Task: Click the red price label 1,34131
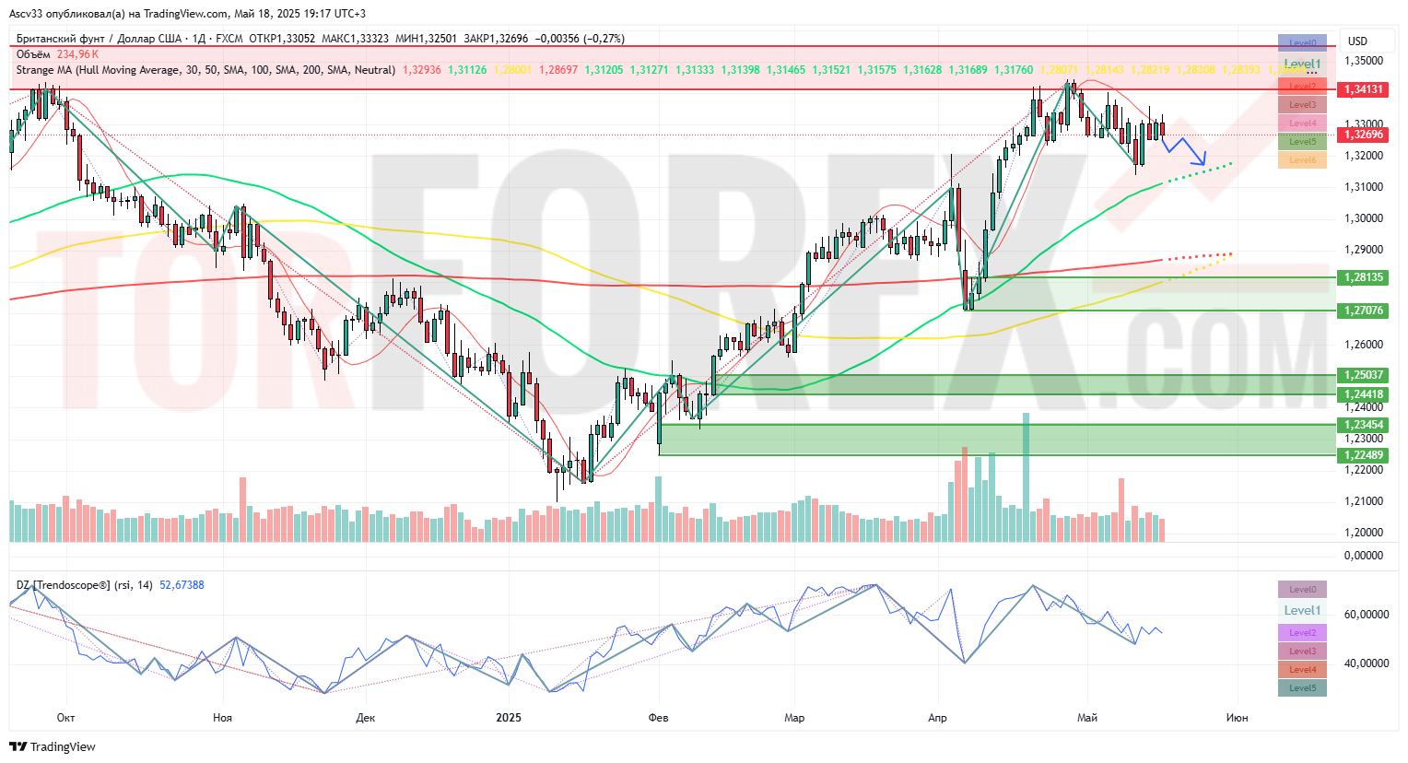point(1364,89)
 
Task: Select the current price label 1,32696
point(1364,135)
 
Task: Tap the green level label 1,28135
point(1364,277)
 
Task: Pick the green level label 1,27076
point(1364,311)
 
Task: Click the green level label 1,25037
point(1364,375)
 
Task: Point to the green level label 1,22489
point(1364,455)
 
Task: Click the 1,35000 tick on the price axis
point(1364,61)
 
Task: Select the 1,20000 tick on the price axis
point(1364,533)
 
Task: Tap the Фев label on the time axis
point(658,718)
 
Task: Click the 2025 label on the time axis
point(509,718)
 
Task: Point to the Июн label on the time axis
point(1238,718)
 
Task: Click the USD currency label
point(1357,41)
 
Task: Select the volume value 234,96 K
point(78,54)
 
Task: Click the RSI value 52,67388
point(182,585)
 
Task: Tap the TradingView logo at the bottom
point(53,746)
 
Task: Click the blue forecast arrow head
point(1202,161)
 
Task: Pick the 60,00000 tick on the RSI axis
point(1364,615)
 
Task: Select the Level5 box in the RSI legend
point(1302,687)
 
